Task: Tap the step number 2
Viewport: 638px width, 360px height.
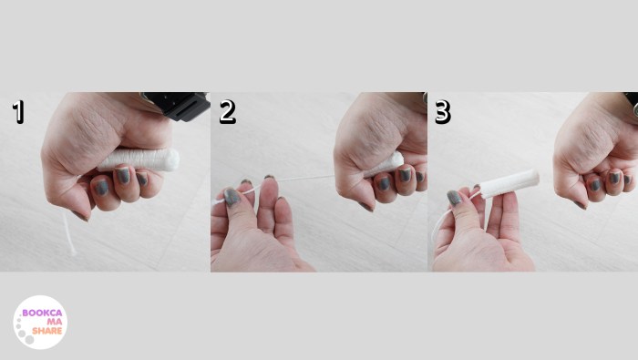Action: [x=227, y=111]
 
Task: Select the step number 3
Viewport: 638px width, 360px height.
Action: [x=442, y=112]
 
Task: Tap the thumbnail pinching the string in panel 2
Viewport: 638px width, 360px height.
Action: [x=232, y=195]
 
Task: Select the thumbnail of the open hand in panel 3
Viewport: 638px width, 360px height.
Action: [x=454, y=197]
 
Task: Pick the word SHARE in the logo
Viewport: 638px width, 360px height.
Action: [x=46, y=332]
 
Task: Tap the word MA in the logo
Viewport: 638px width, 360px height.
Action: [x=53, y=322]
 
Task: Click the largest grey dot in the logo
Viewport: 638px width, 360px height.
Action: [x=30, y=340]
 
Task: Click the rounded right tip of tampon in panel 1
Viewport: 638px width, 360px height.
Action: [x=173, y=159]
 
